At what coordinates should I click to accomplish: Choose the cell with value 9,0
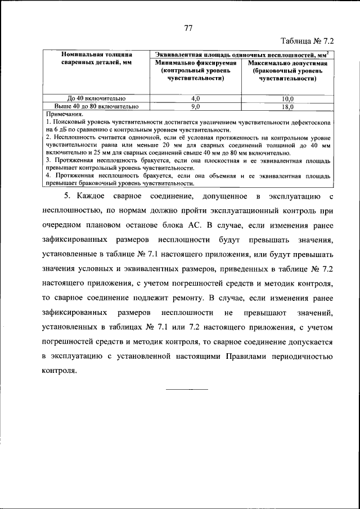tap(196, 106)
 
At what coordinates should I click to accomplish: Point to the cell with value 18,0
tap(287, 106)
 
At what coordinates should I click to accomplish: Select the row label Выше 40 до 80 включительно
tap(96, 106)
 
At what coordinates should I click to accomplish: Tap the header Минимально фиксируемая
tap(196, 64)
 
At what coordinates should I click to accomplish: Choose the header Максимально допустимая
tap(287, 64)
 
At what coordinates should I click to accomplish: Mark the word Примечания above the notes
tap(64, 114)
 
